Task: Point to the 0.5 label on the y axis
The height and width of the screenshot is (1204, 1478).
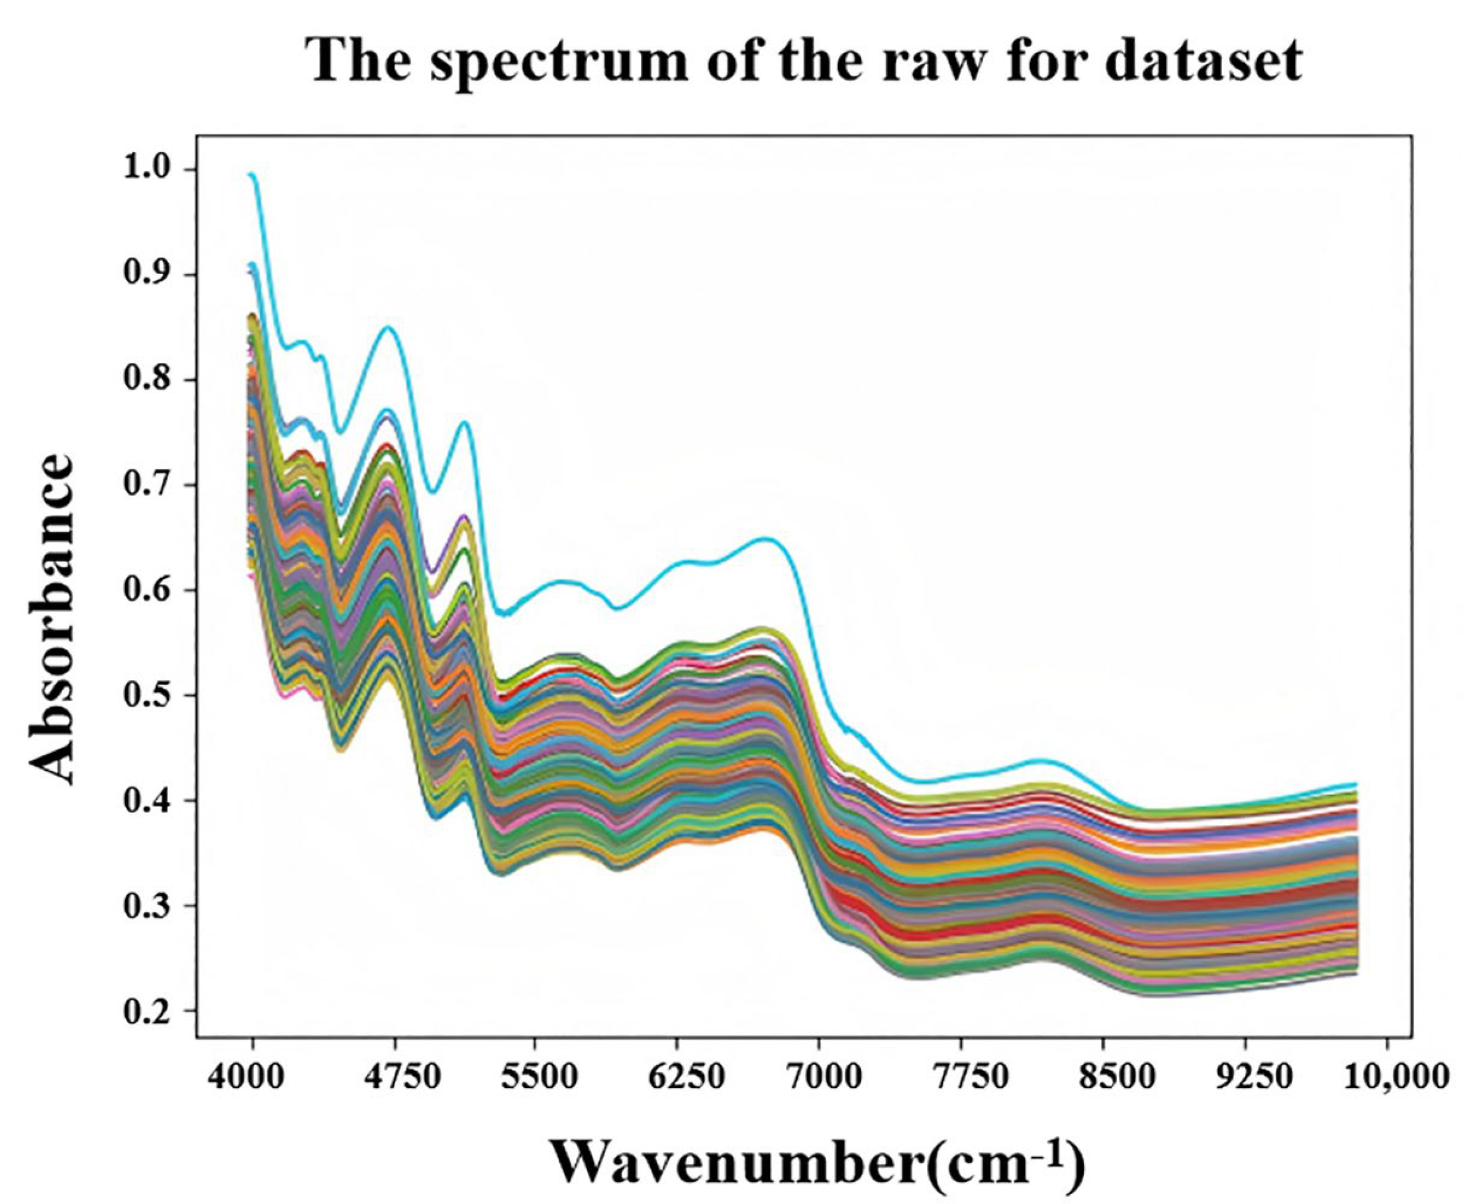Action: (x=149, y=696)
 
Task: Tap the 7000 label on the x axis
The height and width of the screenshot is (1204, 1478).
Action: (x=820, y=1080)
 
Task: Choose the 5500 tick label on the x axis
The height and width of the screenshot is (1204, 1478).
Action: (x=535, y=1080)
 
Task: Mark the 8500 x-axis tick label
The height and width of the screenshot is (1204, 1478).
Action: (x=1103, y=1080)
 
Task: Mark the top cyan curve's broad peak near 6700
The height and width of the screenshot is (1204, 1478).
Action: (x=765, y=538)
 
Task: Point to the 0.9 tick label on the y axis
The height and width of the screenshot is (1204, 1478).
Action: (x=149, y=275)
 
